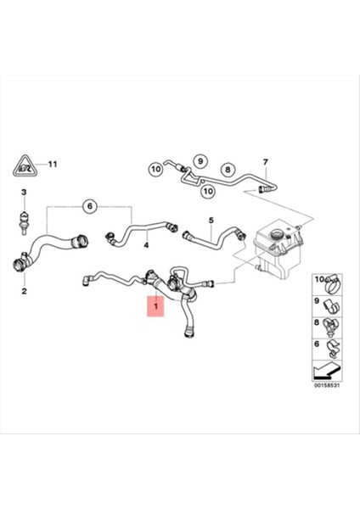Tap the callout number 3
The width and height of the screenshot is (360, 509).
pos(25,193)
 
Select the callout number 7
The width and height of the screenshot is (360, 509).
pos(264,162)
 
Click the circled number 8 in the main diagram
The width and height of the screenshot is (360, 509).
pos(227,169)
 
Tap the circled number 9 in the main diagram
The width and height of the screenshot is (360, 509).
pos(200,159)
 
